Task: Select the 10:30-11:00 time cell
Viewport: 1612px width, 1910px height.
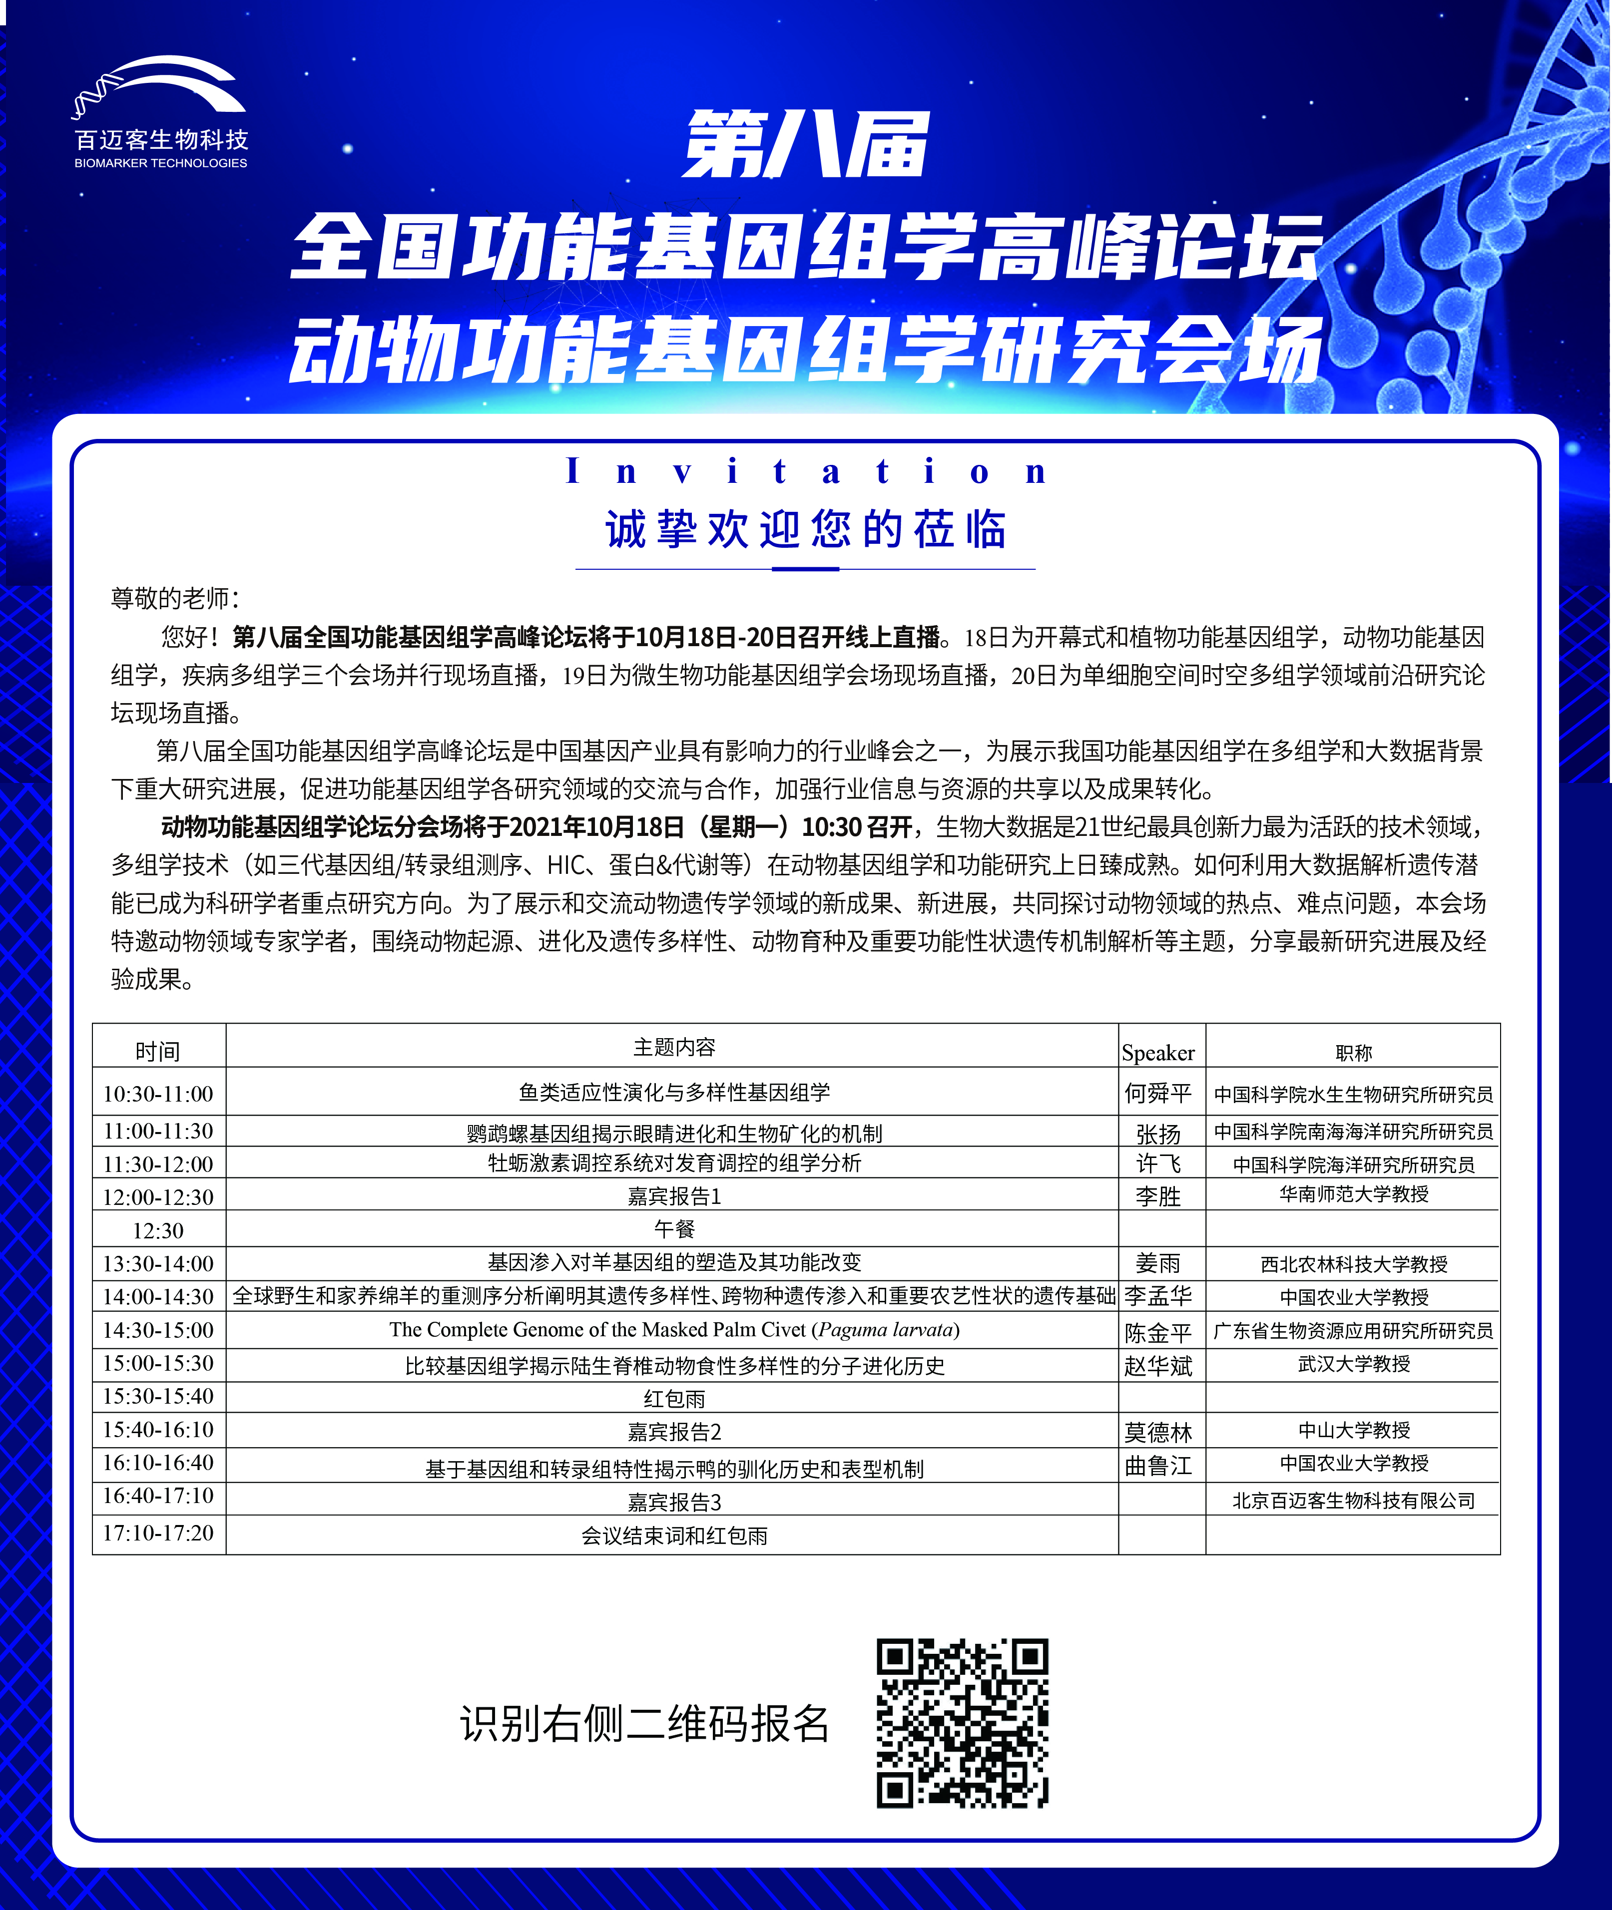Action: tap(158, 1094)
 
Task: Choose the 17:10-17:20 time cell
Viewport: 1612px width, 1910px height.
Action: tap(158, 1533)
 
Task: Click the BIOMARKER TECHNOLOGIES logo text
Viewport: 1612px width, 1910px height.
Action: tap(161, 163)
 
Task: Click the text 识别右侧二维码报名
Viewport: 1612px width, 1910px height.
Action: tap(644, 1724)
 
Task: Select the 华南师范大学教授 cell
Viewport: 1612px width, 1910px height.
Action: tap(1353, 1194)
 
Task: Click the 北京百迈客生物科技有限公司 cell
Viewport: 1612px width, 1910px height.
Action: tap(1353, 1501)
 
